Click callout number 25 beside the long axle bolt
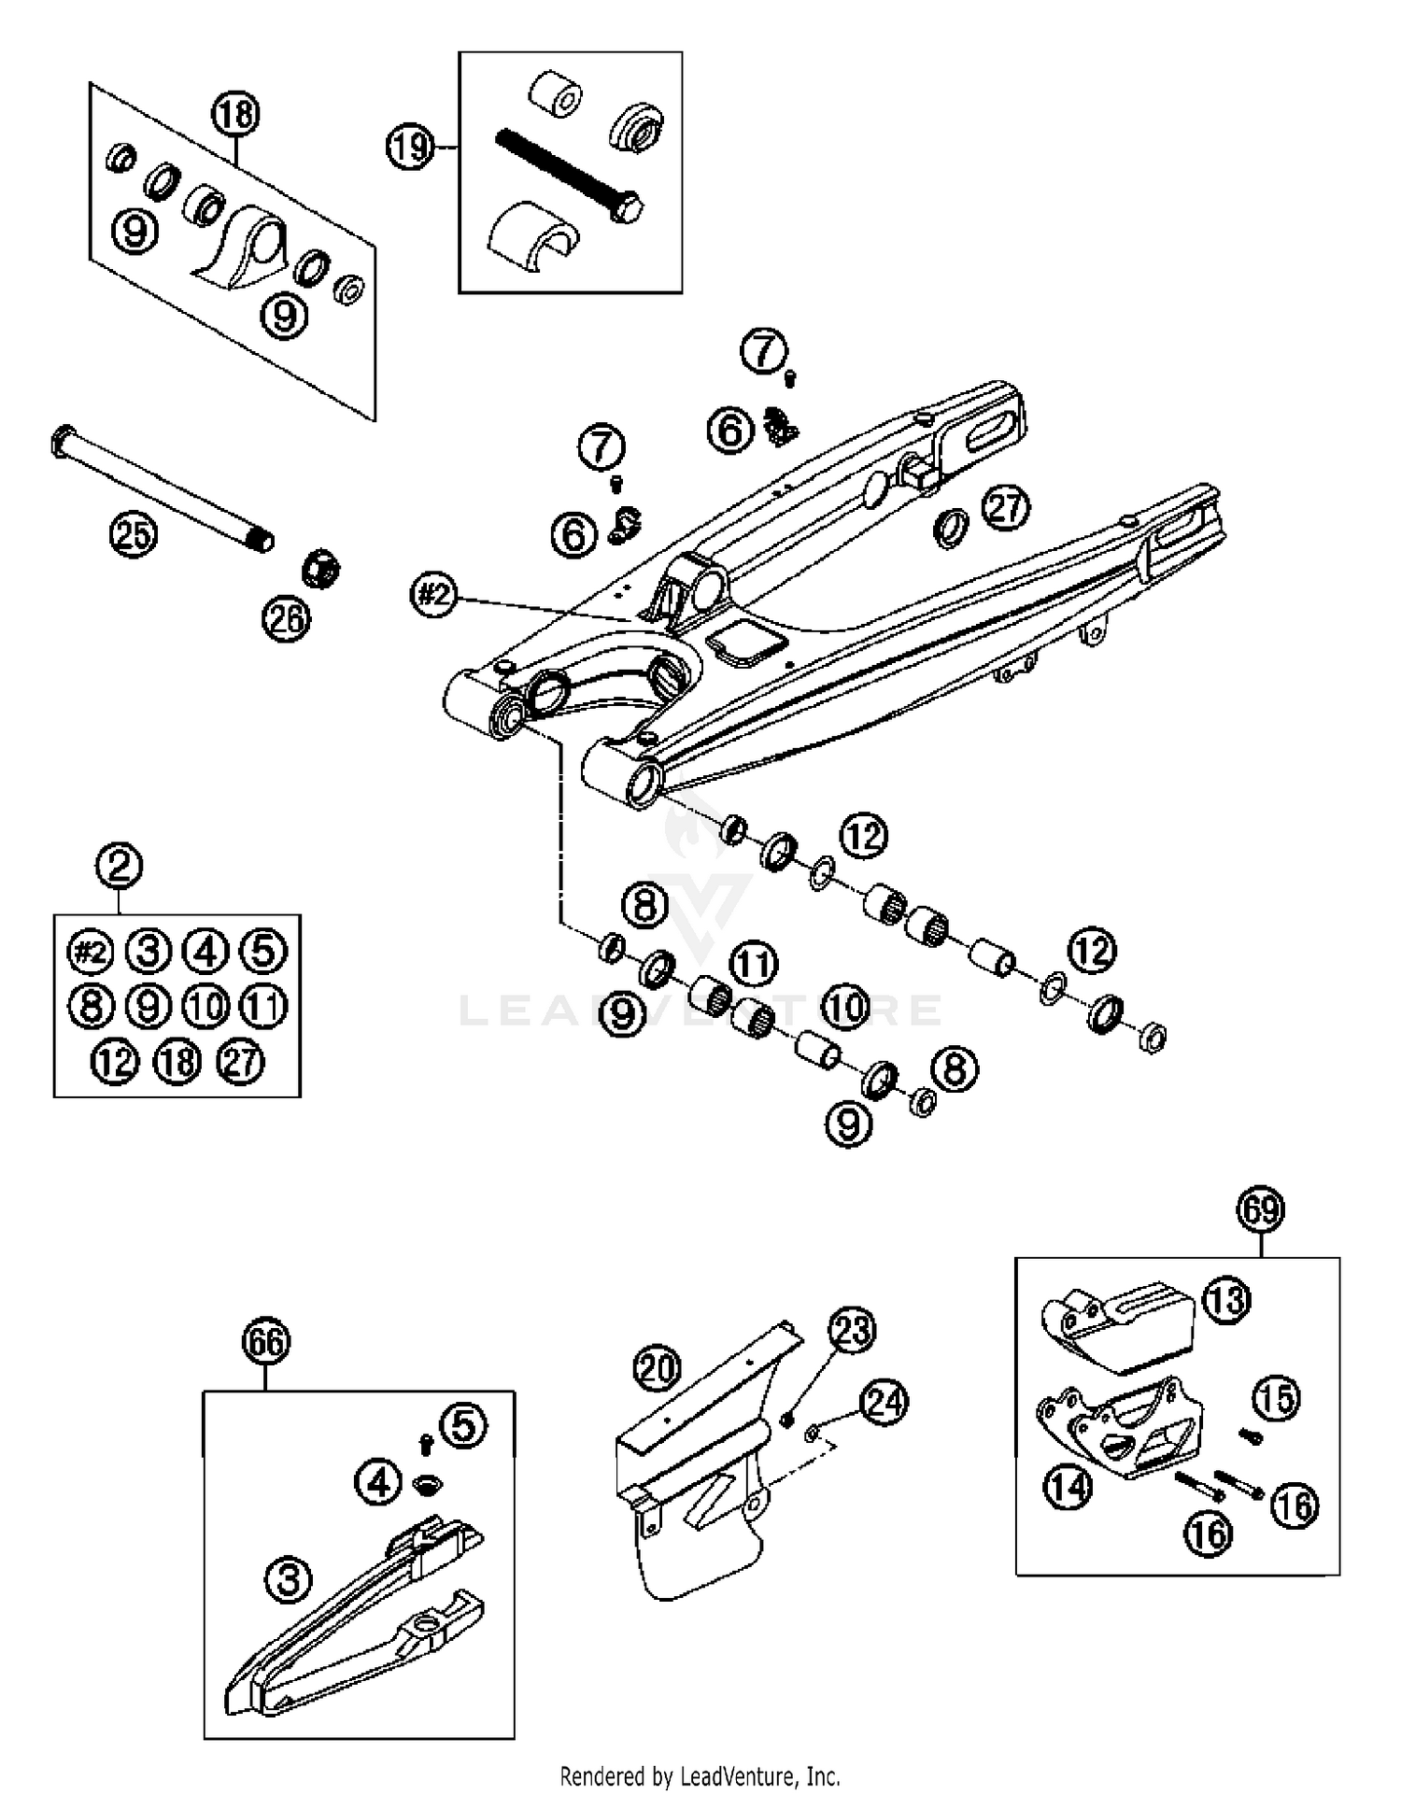[x=133, y=535]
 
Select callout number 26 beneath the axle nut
[x=286, y=618]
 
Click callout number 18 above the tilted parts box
[x=234, y=115]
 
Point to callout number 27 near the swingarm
[x=1005, y=508]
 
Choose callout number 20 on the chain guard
[x=658, y=1369]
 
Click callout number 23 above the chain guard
[x=852, y=1331]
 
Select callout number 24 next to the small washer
[x=884, y=1402]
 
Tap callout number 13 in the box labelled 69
[x=1226, y=1299]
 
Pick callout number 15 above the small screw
[x=1276, y=1398]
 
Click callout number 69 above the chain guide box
[x=1261, y=1210]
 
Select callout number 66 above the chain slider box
[x=266, y=1342]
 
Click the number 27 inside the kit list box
[x=241, y=1063]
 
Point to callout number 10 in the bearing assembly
[x=846, y=1008]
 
